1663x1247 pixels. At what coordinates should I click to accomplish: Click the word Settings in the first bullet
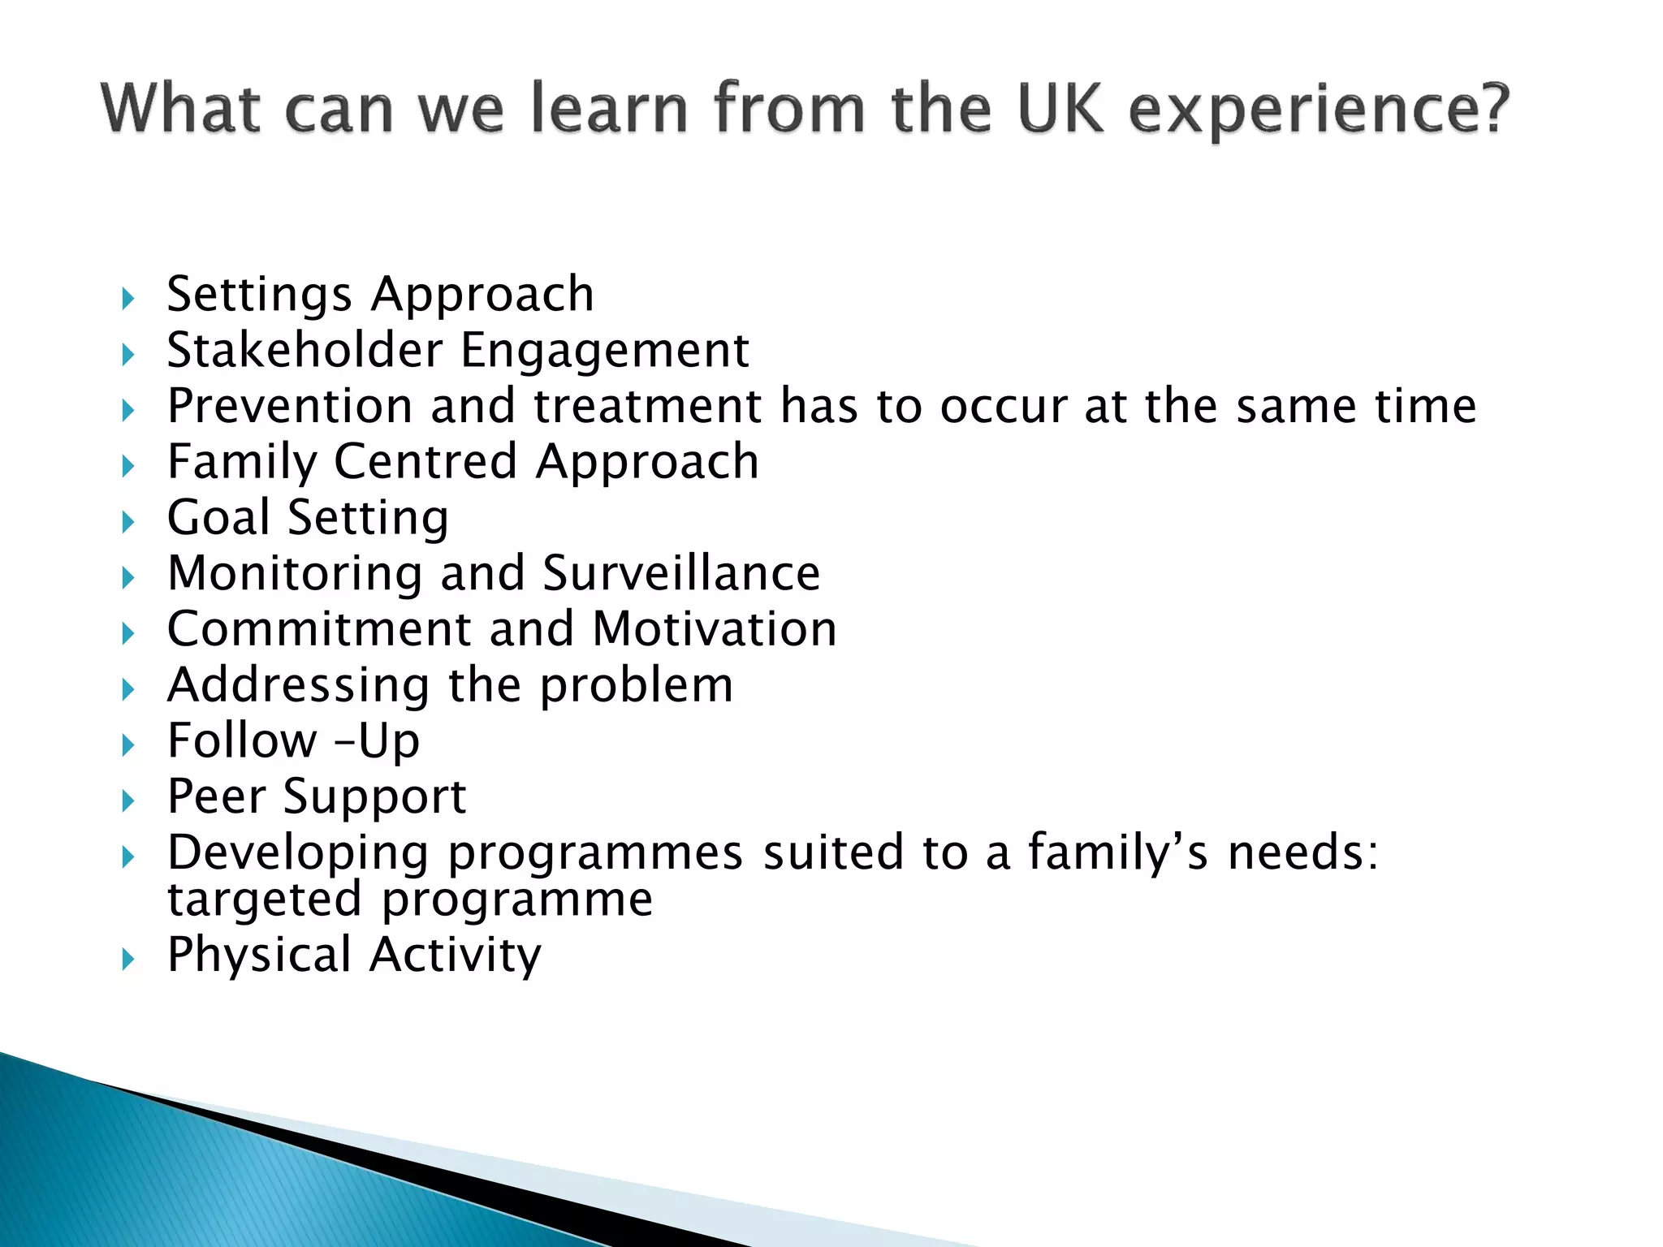click(259, 295)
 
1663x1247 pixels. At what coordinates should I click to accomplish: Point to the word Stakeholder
click(305, 350)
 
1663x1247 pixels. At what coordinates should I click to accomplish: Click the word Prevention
click(290, 406)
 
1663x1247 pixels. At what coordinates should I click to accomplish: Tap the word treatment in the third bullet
click(647, 406)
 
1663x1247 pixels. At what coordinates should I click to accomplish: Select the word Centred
click(425, 462)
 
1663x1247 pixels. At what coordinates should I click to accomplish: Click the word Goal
click(218, 518)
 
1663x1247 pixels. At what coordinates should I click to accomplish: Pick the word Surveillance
click(681, 573)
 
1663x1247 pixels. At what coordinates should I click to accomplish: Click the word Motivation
click(715, 629)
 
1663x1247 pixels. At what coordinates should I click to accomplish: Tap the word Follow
click(242, 741)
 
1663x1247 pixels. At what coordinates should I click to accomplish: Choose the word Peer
click(216, 796)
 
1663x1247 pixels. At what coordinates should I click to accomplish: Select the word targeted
click(264, 900)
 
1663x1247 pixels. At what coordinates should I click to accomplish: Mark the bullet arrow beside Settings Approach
click(127, 299)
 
